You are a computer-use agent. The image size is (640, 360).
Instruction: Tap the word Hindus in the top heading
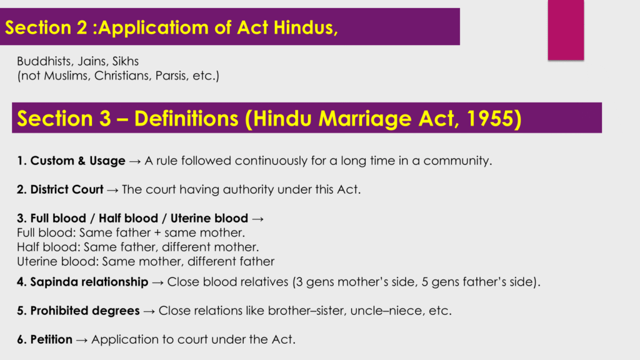(x=305, y=27)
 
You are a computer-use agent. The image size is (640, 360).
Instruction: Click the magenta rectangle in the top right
(x=566, y=30)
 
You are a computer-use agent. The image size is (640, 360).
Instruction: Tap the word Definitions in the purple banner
(x=186, y=118)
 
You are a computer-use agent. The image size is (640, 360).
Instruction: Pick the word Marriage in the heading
(x=365, y=119)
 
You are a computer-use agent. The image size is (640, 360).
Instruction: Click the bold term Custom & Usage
(x=77, y=161)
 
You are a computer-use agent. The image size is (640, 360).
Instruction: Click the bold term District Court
(x=66, y=189)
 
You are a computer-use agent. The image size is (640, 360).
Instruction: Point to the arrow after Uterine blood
(x=257, y=219)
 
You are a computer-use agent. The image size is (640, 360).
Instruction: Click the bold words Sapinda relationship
(x=89, y=282)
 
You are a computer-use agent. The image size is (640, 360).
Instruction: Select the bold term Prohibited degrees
(x=85, y=311)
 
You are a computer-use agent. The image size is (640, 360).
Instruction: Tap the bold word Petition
(x=51, y=339)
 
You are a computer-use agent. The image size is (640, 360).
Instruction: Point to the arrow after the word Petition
(x=82, y=340)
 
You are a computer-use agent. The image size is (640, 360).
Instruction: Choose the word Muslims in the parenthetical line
(x=67, y=76)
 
